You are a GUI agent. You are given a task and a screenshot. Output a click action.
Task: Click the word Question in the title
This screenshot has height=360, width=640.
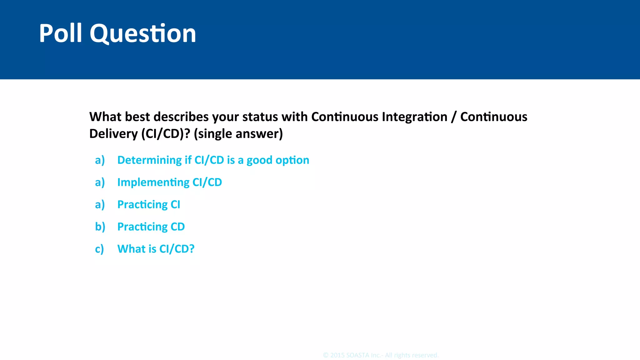(143, 34)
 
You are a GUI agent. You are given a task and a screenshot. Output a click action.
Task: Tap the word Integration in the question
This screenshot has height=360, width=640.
(414, 117)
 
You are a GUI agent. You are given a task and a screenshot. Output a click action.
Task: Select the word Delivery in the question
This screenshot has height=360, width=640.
(113, 134)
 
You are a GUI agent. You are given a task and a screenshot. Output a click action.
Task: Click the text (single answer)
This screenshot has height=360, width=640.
(238, 134)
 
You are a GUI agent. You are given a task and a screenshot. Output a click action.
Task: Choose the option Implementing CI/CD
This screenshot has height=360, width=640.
(169, 182)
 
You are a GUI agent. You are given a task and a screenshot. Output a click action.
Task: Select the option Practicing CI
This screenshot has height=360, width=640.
(148, 204)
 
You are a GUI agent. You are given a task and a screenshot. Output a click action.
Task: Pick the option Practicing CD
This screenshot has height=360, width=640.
(151, 227)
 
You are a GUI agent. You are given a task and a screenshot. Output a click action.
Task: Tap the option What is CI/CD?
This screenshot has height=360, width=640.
(156, 249)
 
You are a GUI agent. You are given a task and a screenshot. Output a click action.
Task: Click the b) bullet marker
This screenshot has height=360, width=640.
(100, 227)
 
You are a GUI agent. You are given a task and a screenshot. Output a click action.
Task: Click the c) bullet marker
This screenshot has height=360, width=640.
(99, 249)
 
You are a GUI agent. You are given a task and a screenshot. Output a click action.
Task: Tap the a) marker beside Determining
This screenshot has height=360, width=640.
(100, 160)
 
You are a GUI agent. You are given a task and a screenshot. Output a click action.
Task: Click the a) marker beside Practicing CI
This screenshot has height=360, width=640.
(100, 205)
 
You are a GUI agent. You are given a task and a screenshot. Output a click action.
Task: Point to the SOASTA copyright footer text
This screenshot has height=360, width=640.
(381, 355)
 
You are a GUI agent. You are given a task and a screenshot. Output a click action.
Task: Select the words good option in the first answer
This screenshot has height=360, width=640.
(278, 160)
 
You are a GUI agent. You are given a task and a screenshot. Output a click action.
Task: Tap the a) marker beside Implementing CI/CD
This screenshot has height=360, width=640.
(100, 182)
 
